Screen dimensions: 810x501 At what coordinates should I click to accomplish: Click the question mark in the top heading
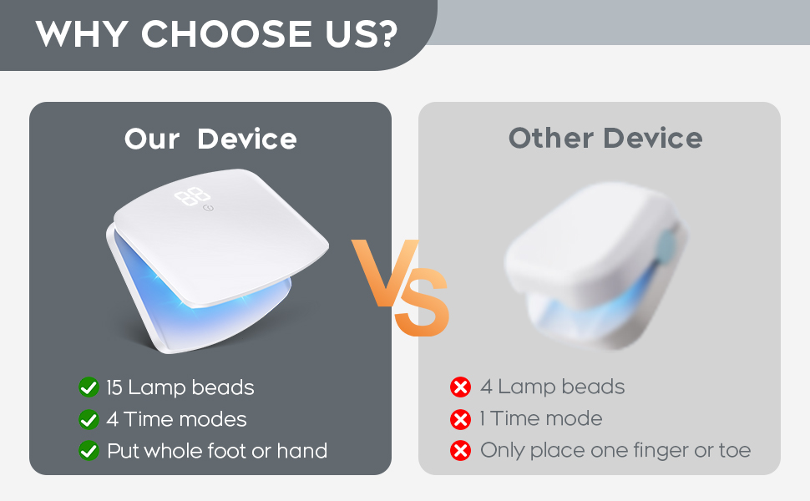click(384, 34)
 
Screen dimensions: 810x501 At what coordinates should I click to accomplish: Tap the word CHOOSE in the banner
click(226, 34)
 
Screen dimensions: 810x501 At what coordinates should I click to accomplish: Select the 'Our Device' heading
click(210, 139)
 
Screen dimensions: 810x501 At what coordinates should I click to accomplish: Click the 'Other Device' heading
click(605, 138)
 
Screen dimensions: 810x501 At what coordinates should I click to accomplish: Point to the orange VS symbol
click(401, 287)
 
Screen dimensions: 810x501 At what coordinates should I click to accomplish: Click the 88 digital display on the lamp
click(192, 196)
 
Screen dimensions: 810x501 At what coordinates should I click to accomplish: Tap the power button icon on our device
click(208, 208)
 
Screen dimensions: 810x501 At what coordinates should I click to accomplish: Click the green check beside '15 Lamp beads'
click(89, 387)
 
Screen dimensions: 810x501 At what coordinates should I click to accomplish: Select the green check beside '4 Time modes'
click(89, 419)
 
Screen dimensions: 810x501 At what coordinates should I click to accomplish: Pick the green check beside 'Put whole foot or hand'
click(89, 451)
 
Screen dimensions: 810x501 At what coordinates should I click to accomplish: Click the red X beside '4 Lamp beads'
click(460, 387)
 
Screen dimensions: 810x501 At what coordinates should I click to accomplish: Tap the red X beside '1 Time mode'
click(460, 419)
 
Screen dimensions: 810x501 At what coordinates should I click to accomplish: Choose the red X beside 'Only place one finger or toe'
click(460, 450)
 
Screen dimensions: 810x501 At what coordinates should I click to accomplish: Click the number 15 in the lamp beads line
click(114, 387)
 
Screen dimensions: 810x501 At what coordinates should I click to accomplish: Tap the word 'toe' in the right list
click(735, 450)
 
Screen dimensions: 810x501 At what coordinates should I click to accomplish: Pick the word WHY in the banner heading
click(82, 34)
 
